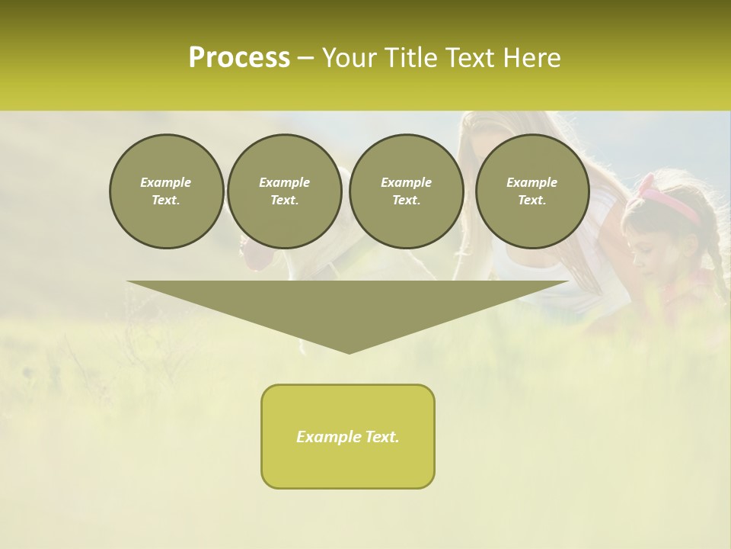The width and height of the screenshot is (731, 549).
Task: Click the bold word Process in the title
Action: (239, 58)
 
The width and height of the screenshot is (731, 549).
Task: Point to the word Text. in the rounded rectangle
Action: (382, 437)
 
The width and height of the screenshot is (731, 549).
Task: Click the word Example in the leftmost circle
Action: (166, 182)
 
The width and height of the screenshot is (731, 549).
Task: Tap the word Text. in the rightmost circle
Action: (531, 200)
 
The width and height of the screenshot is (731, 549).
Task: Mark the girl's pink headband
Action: (670, 200)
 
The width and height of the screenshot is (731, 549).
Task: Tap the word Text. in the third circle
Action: (406, 200)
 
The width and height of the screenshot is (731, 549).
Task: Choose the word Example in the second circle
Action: (284, 182)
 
